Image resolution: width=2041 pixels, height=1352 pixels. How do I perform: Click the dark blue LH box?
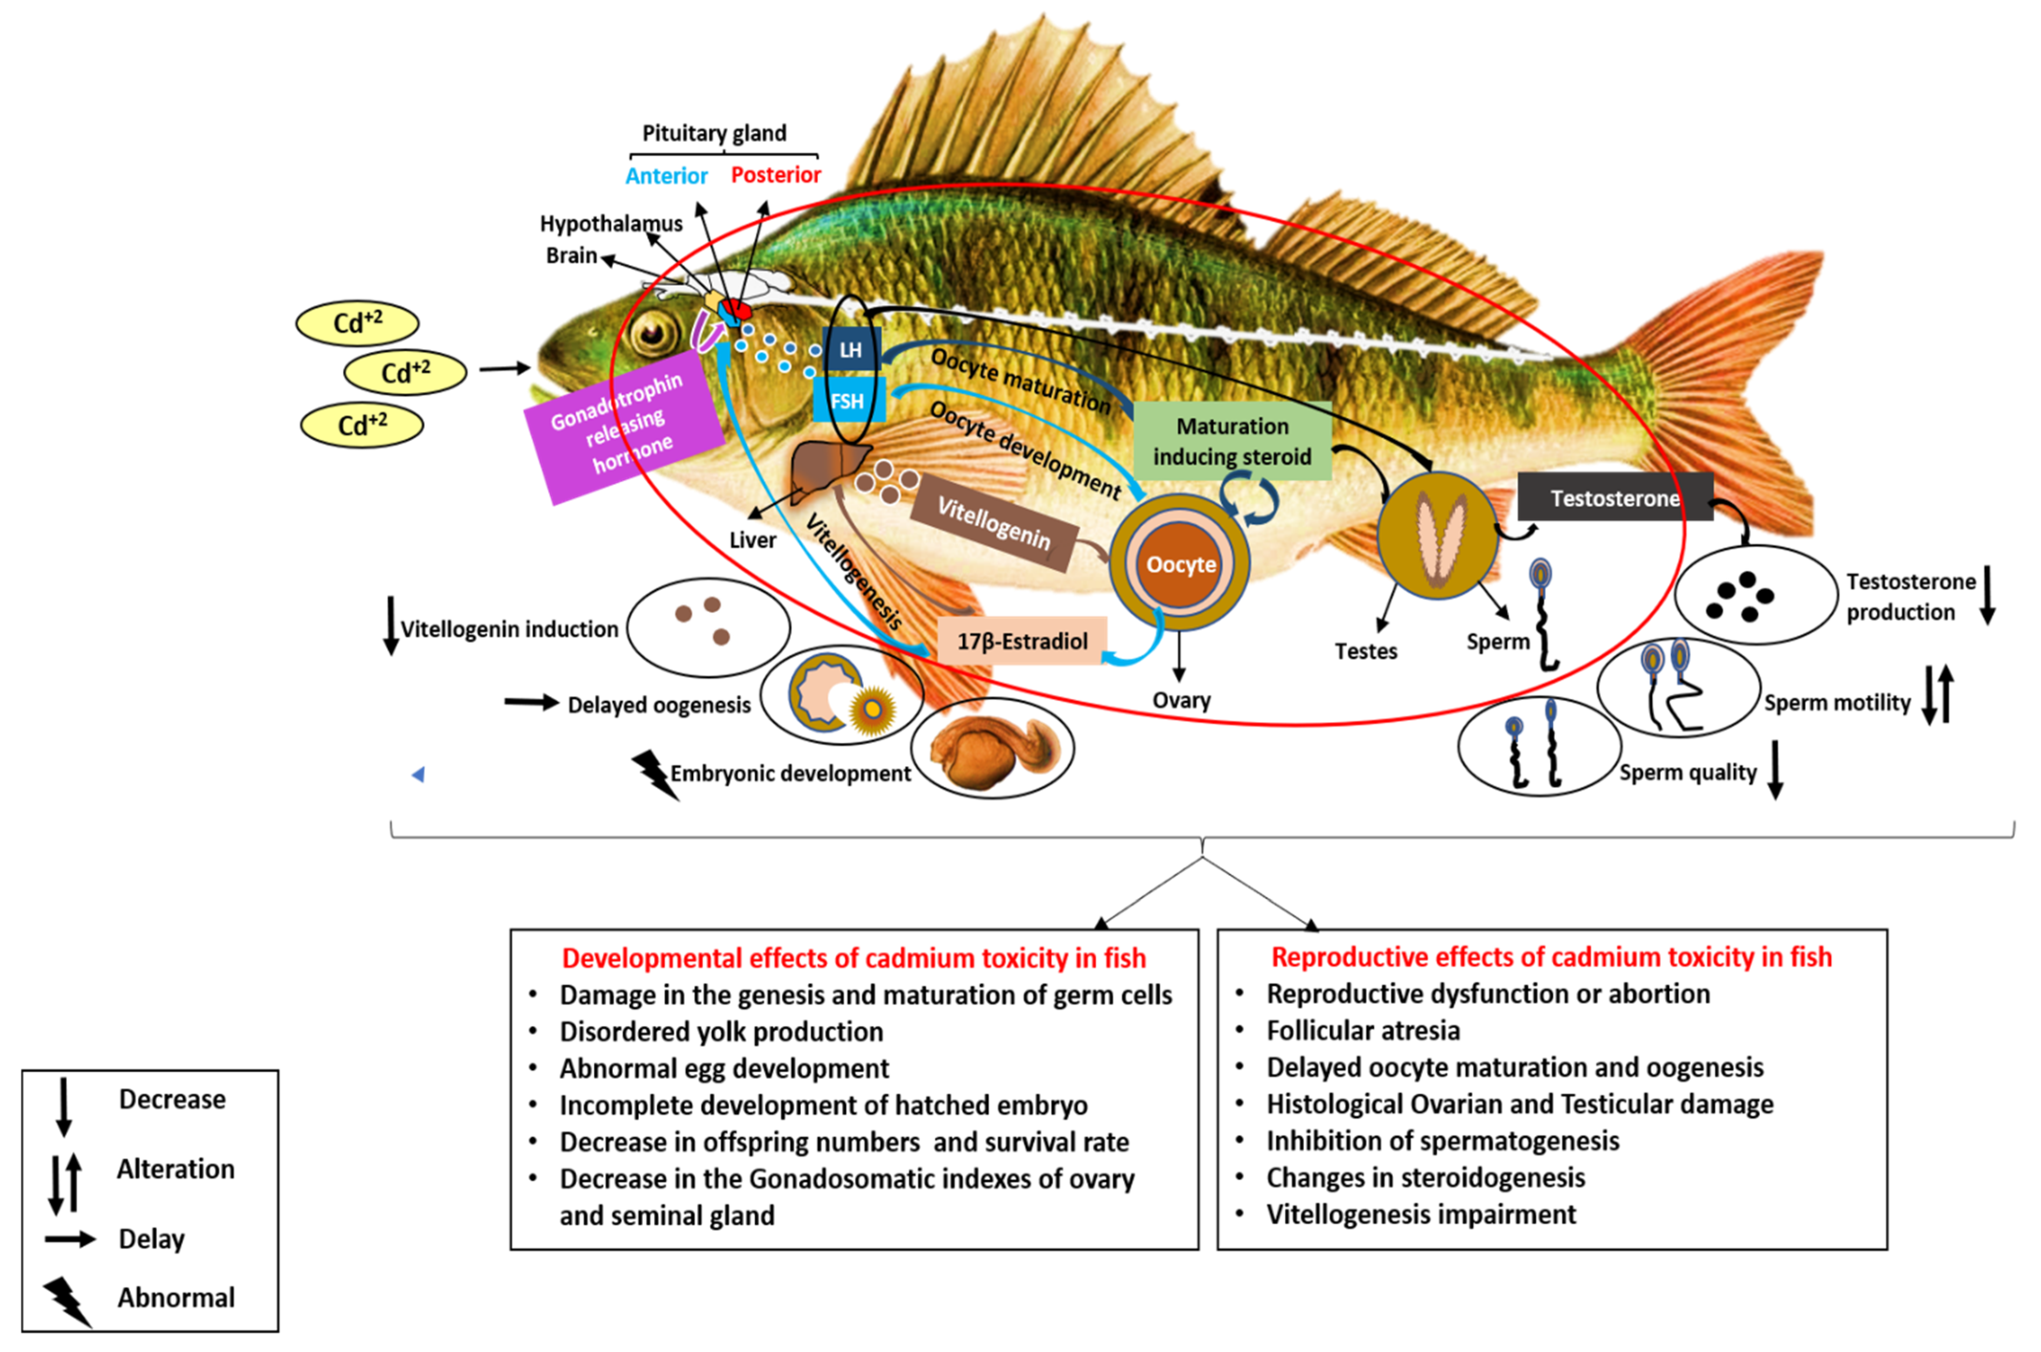point(850,349)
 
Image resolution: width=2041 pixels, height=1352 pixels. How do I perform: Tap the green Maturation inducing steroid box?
point(1231,441)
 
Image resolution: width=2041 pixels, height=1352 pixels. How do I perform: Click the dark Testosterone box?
point(1614,497)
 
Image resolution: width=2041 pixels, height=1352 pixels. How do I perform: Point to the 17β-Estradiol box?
point(1022,641)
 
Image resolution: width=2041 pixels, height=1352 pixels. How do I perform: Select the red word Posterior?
point(775,175)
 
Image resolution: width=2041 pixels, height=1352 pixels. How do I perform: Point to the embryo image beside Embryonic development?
point(991,747)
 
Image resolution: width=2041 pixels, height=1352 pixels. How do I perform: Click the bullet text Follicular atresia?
point(1362,1030)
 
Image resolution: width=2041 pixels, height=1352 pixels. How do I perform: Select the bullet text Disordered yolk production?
point(721,1031)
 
